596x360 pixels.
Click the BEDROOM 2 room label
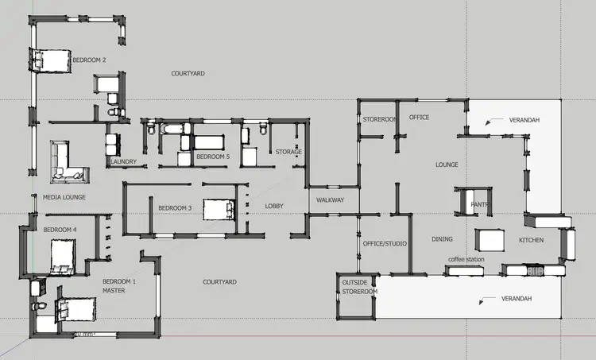tap(89, 60)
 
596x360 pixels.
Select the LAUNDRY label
tap(124, 162)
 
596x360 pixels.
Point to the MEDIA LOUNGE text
tap(64, 197)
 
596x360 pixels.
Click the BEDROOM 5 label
tap(213, 157)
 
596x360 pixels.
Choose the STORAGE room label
tap(288, 152)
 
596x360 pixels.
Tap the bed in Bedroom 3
tap(218, 209)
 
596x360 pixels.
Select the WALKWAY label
tap(330, 200)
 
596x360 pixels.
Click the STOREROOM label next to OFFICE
tap(379, 119)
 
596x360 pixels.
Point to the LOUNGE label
tap(447, 165)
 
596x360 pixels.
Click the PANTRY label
tap(479, 204)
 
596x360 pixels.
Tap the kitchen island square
tap(490, 240)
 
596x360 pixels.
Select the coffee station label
tap(466, 259)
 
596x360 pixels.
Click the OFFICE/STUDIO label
tap(385, 243)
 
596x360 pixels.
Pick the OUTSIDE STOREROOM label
tap(359, 287)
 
